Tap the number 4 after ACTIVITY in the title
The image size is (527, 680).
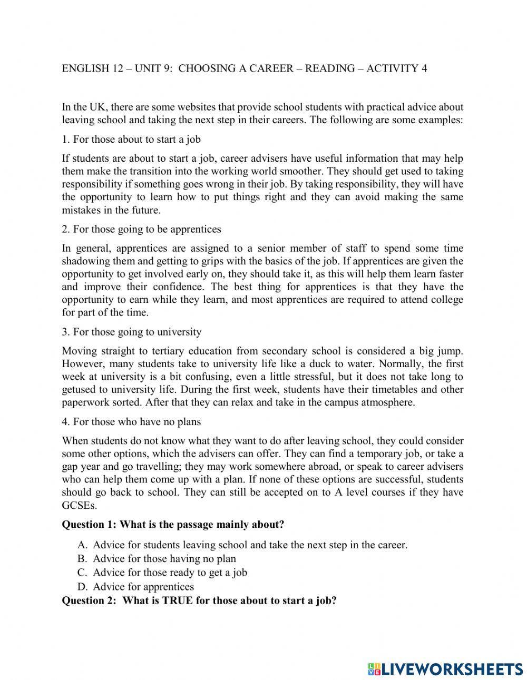424,68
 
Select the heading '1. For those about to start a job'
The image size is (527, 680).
131,140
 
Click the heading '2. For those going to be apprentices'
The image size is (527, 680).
141,229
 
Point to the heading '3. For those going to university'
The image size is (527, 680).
132,332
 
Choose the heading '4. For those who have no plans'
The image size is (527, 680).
131,422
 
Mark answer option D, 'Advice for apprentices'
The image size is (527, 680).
143,587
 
